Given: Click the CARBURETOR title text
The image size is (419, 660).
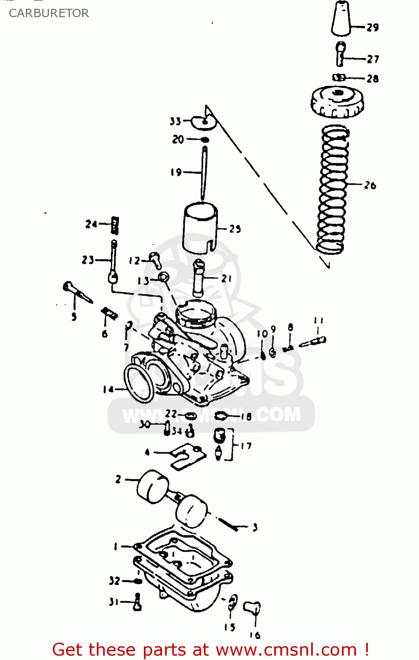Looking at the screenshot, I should point(49,13).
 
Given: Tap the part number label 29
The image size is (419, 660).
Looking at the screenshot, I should point(373,27).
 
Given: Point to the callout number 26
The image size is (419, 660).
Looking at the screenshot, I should point(370,185).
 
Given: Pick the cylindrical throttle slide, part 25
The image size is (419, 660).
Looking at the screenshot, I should point(200,228).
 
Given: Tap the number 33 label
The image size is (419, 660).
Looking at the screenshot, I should point(175,121).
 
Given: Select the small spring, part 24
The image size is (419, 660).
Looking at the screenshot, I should point(115,225).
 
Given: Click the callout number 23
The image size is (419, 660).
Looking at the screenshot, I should point(88,260).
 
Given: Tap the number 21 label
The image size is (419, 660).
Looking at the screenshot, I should point(227,279).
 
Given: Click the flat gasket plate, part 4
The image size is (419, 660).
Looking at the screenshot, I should point(188,456).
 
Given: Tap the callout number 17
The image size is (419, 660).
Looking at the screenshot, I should point(246,446).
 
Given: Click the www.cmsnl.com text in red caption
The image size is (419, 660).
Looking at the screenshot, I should point(286,649).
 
